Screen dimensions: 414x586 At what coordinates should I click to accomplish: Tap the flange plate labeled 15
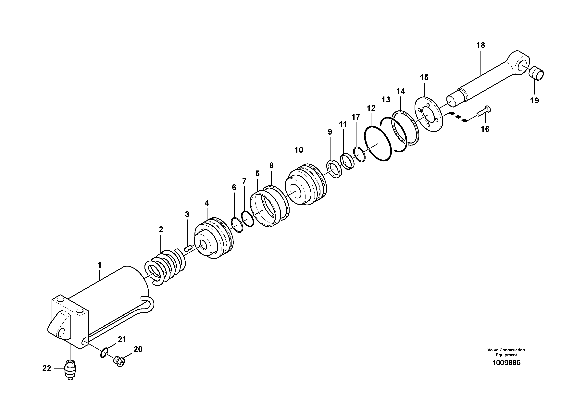[x=429, y=114]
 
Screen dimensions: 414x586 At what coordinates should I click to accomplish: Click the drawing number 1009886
[x=506, y=362]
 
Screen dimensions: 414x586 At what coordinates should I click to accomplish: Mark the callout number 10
[x=299, y=150]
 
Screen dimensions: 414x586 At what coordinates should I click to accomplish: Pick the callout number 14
[x=400, y=91]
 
